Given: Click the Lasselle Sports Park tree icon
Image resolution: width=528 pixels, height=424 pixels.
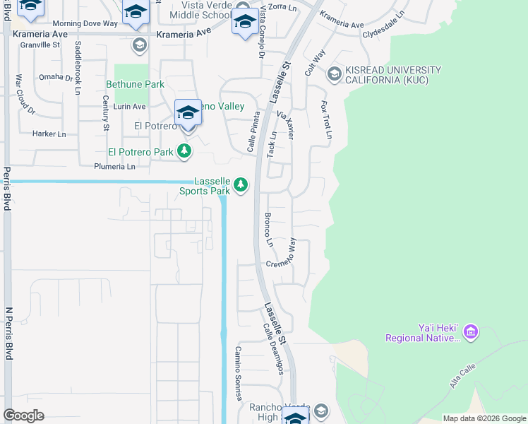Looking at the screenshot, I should pos(241,185).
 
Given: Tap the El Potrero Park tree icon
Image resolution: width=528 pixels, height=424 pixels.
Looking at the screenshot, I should pos(184,151).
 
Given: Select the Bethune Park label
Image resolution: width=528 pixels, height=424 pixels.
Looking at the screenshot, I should pos(135,84).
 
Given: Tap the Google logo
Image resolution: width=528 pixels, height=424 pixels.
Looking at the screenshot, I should pos(23,416).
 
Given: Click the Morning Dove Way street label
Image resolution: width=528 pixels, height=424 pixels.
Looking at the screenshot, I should pos(85,23).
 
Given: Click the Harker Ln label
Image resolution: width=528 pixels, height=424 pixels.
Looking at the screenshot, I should pos(49,134).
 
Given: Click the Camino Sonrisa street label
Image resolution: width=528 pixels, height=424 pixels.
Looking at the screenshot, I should pos(239,370).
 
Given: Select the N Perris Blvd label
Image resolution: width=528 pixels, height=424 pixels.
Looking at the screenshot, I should pos(9,333).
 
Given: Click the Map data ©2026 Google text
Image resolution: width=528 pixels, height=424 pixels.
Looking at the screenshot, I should pos(484,418).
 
